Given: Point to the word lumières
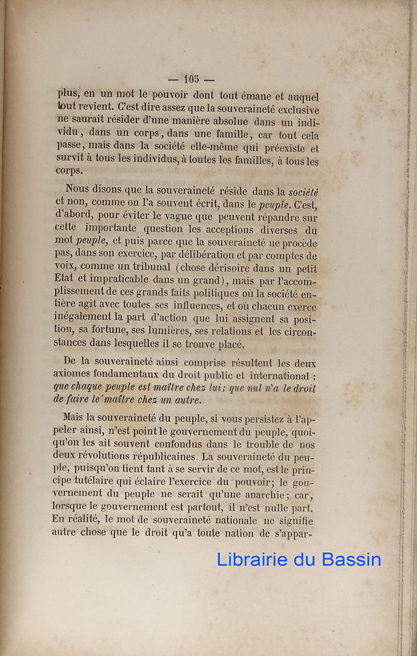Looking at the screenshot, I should coord(203,332).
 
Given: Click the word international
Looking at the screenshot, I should coord(279,376).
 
